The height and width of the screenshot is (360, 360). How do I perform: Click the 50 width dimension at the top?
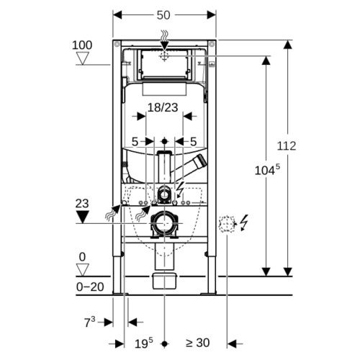163,15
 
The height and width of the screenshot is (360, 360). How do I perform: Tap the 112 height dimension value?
287,146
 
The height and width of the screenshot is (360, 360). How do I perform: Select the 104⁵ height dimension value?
267,170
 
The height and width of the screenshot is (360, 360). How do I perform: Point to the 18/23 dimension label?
163,107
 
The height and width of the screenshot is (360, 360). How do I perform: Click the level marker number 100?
82,45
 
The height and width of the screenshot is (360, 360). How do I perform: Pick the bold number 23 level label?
82,204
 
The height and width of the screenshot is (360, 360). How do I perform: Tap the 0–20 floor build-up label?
90,287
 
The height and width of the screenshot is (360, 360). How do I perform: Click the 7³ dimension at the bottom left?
89,322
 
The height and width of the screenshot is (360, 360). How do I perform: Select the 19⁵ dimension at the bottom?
143,343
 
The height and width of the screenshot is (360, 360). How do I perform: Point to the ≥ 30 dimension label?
198,343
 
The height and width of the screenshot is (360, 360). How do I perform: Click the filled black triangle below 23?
82,217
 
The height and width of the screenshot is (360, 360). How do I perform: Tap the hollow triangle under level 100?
82,58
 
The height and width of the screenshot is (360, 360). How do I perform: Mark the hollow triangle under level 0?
82,270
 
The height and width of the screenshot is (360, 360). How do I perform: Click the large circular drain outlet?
164,223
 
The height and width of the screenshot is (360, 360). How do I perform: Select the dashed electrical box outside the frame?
226,224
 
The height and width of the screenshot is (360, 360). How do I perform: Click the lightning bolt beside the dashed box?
244,222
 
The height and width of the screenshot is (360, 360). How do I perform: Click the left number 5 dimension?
135,142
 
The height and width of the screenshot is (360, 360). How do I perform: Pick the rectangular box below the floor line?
165,281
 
